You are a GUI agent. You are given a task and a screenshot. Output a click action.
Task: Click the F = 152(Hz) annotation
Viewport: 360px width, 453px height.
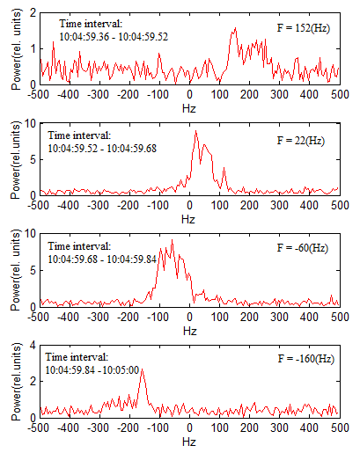point(304,28)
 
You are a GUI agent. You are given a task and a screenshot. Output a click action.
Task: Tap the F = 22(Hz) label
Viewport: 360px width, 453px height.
point(301,141)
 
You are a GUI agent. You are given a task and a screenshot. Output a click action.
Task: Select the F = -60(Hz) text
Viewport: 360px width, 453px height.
point(303,248)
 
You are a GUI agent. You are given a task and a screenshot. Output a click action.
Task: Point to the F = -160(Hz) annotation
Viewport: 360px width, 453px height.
point(306,359)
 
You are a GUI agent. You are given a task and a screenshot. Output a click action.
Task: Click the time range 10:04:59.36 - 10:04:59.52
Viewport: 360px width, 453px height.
point(114,37)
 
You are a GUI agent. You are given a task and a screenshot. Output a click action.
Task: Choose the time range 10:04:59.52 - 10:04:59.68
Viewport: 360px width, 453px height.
point(102,149)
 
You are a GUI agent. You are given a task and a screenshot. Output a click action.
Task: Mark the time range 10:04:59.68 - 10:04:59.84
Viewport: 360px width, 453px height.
point(102,259)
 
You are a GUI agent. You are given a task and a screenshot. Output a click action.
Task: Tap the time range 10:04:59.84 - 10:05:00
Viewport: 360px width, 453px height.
point(92,370)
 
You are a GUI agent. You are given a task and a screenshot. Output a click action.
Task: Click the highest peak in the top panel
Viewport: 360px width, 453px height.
point(235,28)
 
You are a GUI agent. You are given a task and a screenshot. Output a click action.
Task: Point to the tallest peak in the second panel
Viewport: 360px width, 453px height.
point(195,131)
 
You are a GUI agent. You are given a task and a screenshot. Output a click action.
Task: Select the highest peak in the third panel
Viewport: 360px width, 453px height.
point(173,240)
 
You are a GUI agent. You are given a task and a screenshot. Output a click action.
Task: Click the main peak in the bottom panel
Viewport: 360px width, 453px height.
point(142,369)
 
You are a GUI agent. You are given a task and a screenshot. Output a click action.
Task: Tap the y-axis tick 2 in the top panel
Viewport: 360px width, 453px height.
point(33,13)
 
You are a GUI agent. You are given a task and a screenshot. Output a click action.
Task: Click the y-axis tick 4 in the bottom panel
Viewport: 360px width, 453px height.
point(33,346)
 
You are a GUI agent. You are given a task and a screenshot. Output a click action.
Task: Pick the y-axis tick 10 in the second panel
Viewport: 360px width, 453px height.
point(30,124)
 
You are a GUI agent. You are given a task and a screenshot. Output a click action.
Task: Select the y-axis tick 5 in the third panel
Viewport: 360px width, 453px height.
point(33,270)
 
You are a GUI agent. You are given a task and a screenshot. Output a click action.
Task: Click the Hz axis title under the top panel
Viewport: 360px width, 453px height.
point(189,109)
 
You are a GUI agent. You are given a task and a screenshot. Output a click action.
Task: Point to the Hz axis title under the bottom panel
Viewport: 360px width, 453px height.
point(189,442)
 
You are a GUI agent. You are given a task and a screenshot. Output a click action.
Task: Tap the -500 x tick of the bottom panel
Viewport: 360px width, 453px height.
point(39,427)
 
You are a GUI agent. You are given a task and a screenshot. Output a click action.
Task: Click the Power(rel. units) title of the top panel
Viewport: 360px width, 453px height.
point(16,49)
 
